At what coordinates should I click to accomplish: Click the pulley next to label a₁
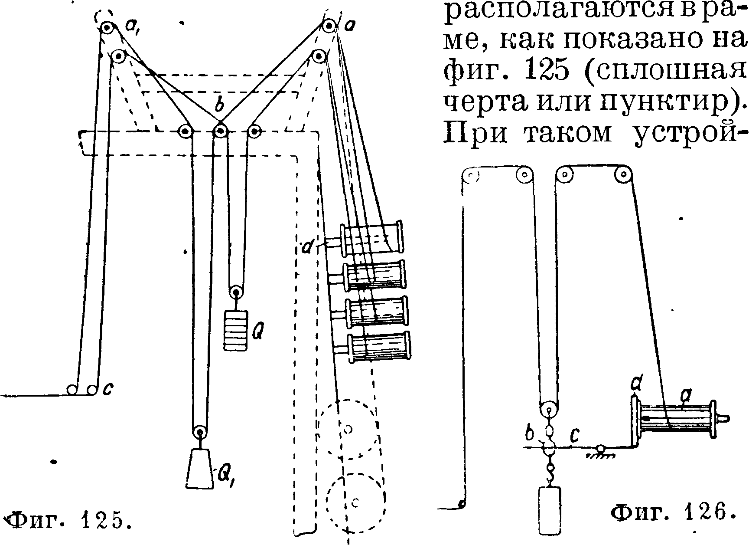point(106,29)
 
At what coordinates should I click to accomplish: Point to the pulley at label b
point(221,131)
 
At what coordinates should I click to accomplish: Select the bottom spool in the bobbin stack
point(379,346)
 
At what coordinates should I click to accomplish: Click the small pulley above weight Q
point(236,292)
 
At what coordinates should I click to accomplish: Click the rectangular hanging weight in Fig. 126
point(549,510)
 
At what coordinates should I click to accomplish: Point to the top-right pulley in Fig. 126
point(622,175)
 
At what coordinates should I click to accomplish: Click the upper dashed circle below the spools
point(348,429)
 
